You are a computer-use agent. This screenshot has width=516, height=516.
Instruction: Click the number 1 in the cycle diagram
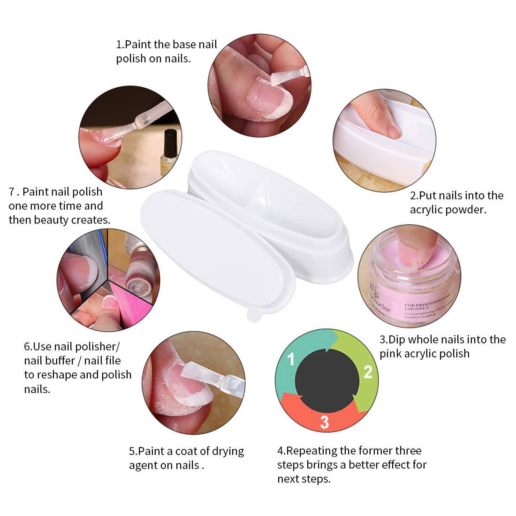pos(291,359)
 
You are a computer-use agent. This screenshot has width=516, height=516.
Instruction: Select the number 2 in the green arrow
pos(368,372)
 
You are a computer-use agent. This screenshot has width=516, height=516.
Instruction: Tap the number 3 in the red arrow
pos(324,422)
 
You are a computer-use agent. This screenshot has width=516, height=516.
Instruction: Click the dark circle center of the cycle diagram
pos(327,380)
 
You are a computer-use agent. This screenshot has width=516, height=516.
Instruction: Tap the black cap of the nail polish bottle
pos(170,139)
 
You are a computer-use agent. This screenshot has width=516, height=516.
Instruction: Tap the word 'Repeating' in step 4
pos(311,451)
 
